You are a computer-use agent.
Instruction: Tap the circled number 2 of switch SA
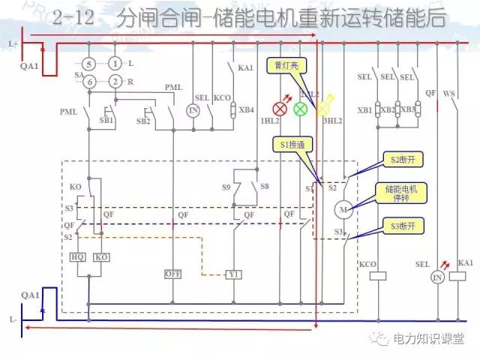click(x=115, y=81)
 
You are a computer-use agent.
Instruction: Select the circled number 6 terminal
click(x=89, y=81)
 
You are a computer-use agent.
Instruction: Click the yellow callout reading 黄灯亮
click(x=286, y=66)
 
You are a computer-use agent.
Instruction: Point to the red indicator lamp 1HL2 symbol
click(x=283, y=109)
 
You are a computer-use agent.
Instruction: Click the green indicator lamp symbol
click(x=300, y=109)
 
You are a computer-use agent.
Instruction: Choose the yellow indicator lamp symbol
click(x=323, y=109)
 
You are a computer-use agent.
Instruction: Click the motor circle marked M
click(x=344, y=208)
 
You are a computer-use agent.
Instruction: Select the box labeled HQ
click(x=78, y=257)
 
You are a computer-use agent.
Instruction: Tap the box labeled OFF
click(x=173, y=274)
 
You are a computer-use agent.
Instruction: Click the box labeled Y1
click(x=234, y=274)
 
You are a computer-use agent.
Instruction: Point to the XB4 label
click(x=246, y=109)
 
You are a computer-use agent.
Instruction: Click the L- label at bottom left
click(x=13, y=319)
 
